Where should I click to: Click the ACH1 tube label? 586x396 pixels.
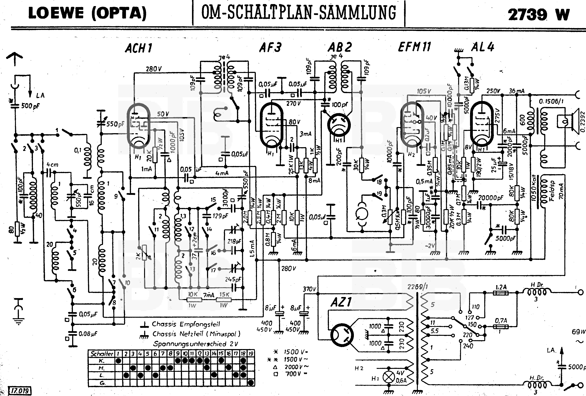click(139, 48)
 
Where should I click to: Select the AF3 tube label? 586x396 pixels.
click(270, 47)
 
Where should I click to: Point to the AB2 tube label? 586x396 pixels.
click(339, 47)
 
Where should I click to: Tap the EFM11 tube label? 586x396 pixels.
click(414, 47)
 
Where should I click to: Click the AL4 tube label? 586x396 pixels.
click(483, 47)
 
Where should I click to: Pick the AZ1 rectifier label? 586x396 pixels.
click(341, 302)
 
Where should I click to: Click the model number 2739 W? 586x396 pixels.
click(538, 15)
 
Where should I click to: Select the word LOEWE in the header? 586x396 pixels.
click(56, 13)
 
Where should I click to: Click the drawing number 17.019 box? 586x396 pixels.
click(20, 391)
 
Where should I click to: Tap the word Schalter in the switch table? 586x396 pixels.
click(102, 354)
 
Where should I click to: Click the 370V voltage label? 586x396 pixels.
click(309, 289)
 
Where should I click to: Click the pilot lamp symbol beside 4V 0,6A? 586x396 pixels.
click(389, 377)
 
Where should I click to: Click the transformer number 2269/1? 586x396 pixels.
click(417, 287)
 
